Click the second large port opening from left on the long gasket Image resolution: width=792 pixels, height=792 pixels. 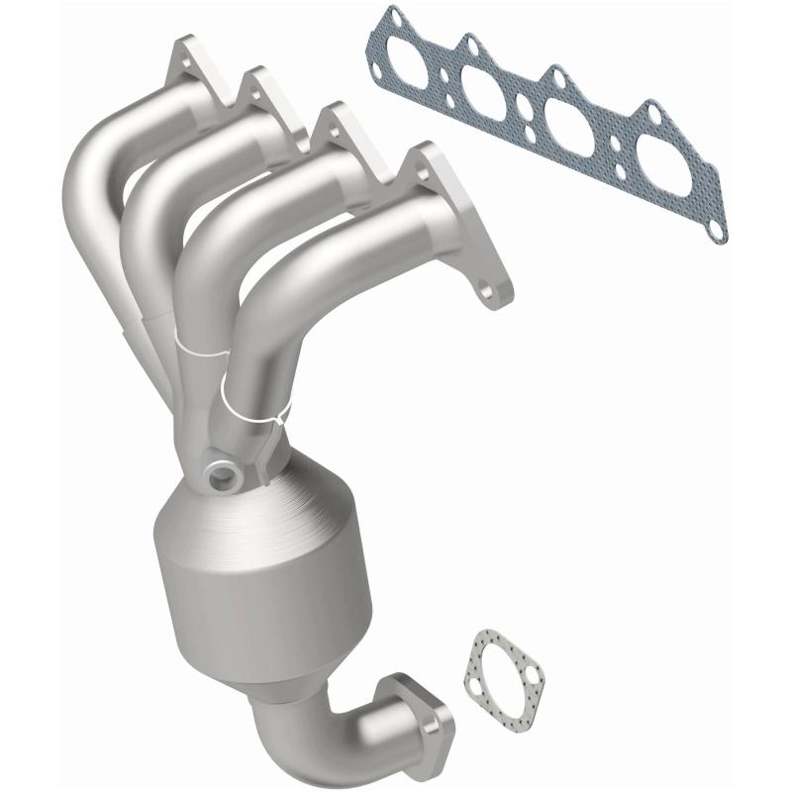click(491, 95)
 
